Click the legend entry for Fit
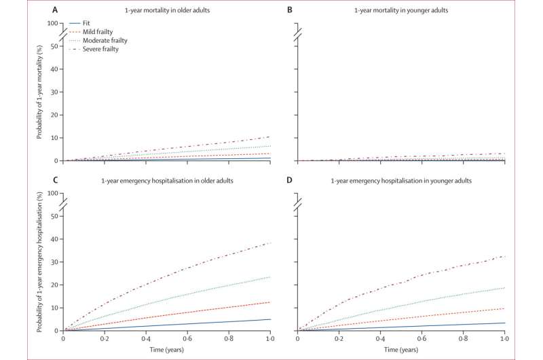click(88, 23)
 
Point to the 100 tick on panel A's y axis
click(54, 23)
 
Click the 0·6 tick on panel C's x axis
click(187, 338)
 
